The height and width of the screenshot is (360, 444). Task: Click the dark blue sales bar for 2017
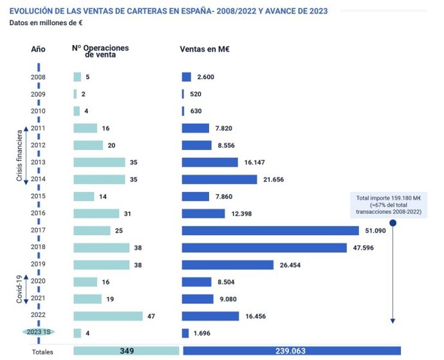(270, 231)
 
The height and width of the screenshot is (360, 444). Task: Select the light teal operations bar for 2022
(107, 316)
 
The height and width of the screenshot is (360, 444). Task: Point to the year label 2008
(39, 77)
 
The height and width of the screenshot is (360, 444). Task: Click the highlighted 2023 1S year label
(39, 333)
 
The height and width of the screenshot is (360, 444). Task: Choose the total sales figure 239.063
(290, 351)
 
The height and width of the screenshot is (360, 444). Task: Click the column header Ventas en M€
(205, 49)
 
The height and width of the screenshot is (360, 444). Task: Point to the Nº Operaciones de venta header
(100, 52)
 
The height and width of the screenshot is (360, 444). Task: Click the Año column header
(39, 49)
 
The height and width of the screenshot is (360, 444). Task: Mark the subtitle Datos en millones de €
(46, 23)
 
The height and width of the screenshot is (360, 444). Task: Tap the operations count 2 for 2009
(84, 94)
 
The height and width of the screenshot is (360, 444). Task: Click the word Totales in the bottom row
(42, 352)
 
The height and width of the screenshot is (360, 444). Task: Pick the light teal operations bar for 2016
(97, 213)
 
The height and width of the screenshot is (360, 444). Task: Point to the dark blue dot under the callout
(393, 223)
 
